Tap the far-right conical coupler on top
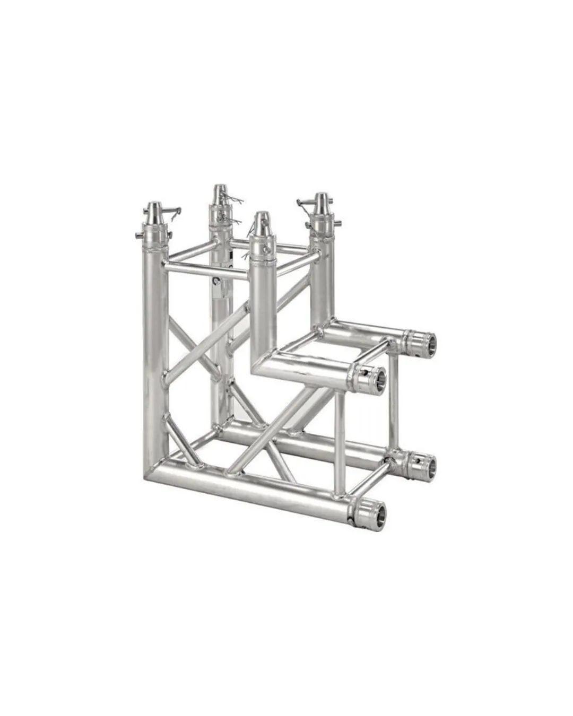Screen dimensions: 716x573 pos(322,205)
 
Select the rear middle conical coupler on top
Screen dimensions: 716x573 pos(220,195)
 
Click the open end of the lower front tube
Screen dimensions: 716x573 pos(376,514)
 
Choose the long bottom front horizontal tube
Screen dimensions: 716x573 pos(255,485)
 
